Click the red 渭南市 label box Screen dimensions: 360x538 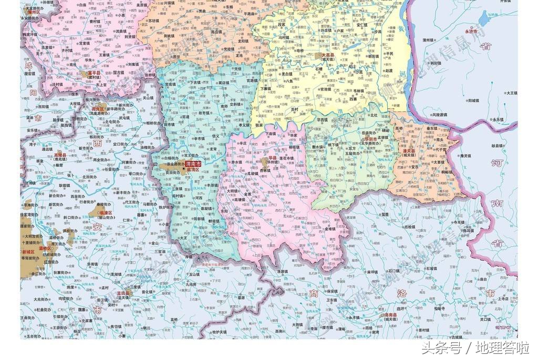pos(191,164)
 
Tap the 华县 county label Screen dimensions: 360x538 pos(272,156)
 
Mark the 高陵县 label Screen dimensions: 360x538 pos(60,156)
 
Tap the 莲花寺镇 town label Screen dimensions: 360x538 pos(292,157)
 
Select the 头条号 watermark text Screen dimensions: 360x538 pos(442,348)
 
